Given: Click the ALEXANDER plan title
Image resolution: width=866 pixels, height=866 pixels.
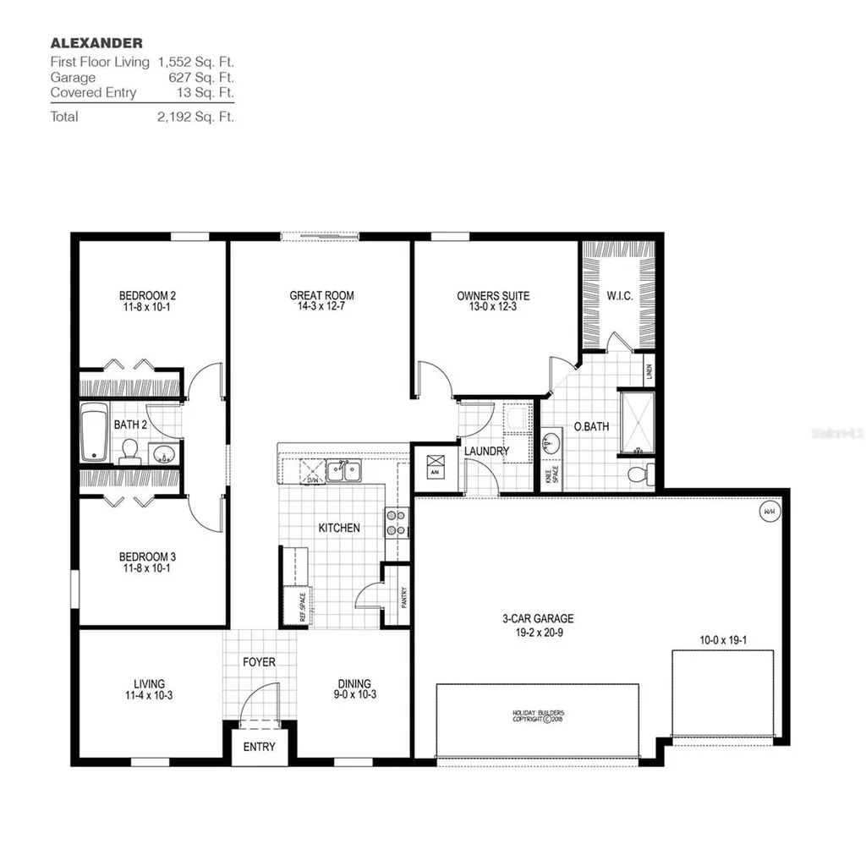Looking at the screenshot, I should tap(96, 42).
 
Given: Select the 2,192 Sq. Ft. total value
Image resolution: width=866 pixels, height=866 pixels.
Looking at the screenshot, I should tap(195, 117).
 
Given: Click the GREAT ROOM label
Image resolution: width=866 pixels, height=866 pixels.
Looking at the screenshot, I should tap(321, 296).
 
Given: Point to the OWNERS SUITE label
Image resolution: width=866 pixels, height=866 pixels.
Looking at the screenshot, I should tap(493, 296).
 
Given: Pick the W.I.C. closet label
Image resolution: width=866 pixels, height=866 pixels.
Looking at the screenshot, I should tap(619, 296).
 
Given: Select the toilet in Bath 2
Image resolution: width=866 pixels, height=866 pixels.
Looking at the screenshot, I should tap(129, 451).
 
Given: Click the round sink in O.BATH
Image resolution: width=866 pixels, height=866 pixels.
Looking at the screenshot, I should tap(551, 441).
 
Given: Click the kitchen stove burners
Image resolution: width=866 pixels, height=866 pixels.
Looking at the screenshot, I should tap(394, 523).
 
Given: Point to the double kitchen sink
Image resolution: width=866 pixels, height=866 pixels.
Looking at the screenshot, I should tap(344, 471).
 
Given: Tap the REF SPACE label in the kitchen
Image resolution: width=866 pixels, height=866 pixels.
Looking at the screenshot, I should tap(302, 606).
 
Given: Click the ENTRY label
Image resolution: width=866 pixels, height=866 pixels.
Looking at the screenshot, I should tap(259, 747).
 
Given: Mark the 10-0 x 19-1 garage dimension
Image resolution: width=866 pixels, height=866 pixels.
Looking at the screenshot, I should tap(722, 640).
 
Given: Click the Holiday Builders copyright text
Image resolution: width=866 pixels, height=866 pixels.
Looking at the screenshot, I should tap(537, 716).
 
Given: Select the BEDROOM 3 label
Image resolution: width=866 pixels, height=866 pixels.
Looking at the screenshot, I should tap(147, 556).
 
